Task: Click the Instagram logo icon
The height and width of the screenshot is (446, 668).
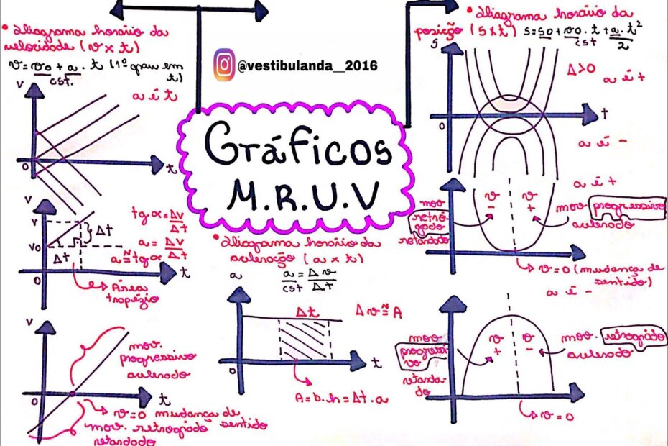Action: (x=224, y=65)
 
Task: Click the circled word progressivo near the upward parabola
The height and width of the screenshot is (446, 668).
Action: (x=623, y=207)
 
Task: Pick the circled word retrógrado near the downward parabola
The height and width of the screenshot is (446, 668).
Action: (x=633, y=337)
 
